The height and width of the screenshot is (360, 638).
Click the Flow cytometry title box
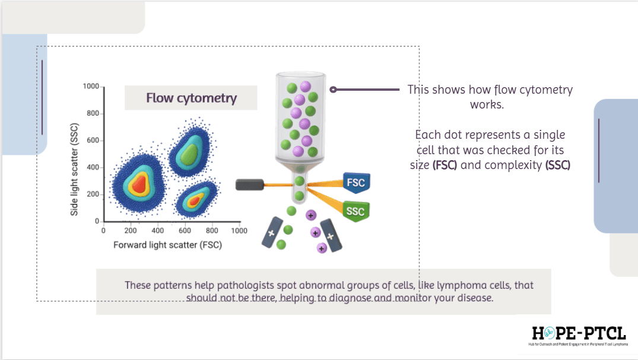191,98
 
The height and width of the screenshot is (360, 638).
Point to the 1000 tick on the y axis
91,87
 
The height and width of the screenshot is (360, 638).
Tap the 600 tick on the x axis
185,230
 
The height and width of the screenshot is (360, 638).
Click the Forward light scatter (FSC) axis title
168,244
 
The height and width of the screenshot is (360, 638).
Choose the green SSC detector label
357,212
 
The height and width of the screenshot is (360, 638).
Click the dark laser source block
250,184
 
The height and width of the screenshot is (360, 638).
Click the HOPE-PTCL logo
579,335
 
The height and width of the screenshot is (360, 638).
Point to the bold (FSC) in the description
445,165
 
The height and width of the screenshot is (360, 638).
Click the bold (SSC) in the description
557,165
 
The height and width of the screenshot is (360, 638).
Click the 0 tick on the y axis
97,222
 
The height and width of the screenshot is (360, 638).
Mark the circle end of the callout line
334,90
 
